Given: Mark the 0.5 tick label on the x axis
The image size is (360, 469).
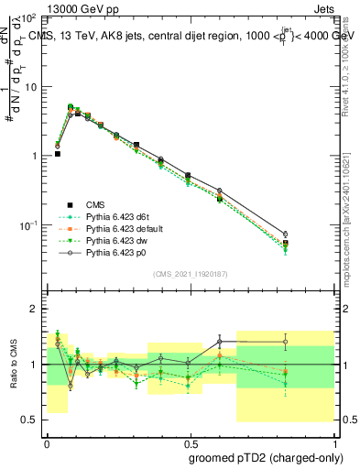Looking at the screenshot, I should [188, 441].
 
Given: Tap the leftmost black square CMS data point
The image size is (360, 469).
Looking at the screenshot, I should [57, 154].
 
